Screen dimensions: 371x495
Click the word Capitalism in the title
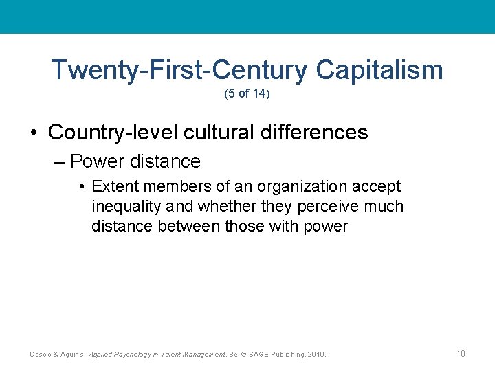(379, 70)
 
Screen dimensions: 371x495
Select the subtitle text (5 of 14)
(247, 93)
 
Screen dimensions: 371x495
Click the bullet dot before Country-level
(34, 133)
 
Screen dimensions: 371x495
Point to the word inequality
(123, 206)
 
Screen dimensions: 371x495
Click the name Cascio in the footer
(40, 355)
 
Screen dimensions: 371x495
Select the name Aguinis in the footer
(73, 355)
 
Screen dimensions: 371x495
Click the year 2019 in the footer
(317, 355)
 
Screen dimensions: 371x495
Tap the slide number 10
(461, 354)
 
